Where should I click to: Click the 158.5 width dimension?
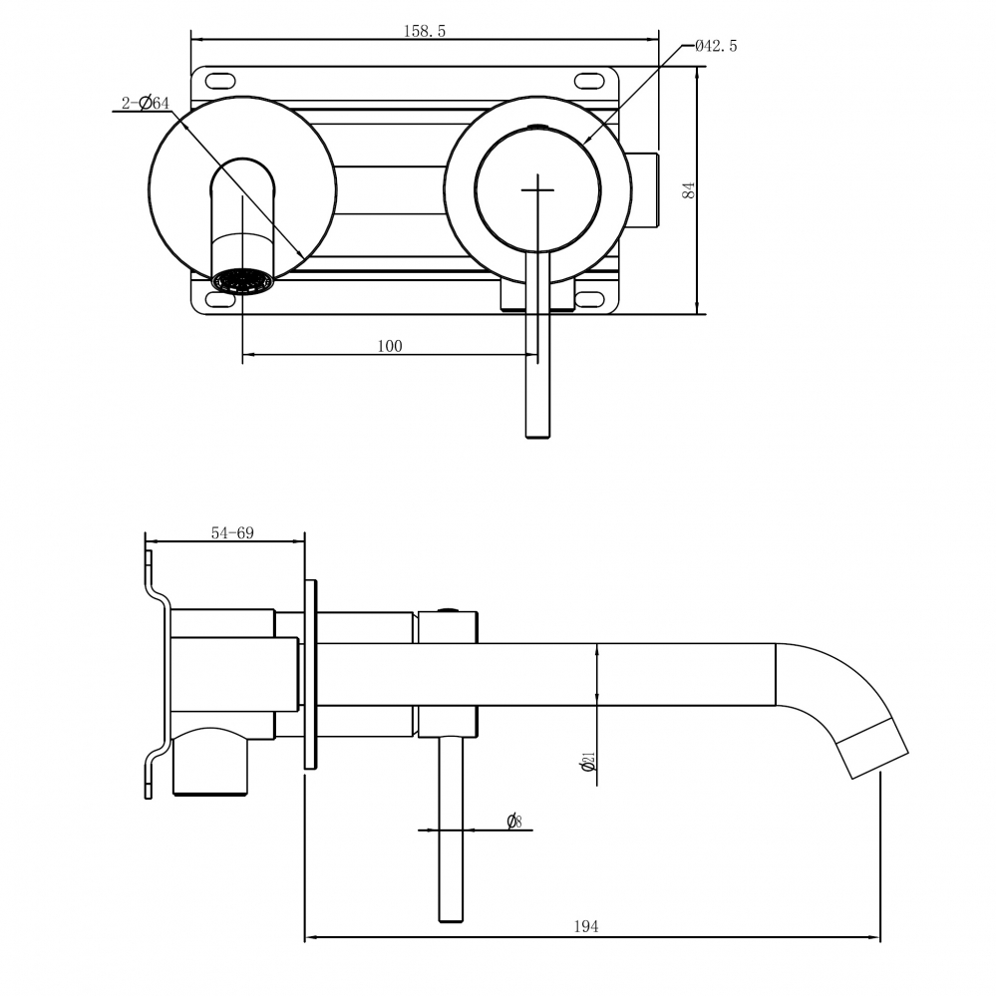(x=424, y=31)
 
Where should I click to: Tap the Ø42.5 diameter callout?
(x=715, y=46)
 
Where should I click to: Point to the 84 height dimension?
(x=688, y=189)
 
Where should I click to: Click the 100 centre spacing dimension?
(x=390, y=346)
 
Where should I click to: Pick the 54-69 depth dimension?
(x=231, y=532)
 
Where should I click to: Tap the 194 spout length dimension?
(x=586, y=926)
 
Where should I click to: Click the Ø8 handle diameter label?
(x=513, y=822)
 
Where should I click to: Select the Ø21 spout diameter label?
(x=588, y=763)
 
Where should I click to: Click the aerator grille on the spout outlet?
(x=242, y=283)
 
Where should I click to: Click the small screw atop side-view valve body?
(x=448, y=610)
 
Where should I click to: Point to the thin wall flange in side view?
(x=310, y=675)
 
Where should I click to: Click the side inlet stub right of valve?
(x=643, y=189)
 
